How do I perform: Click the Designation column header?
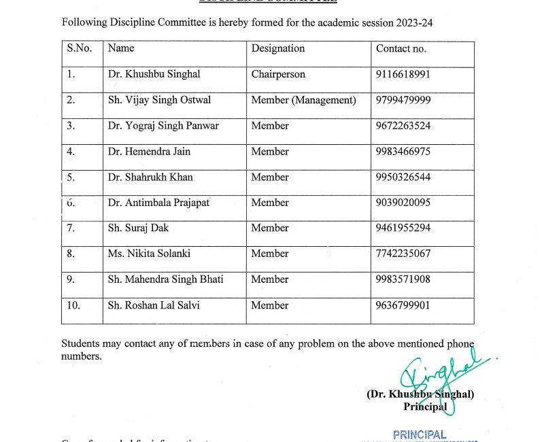point(278,48)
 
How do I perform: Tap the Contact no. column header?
point(401,48)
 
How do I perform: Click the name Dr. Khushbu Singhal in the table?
point(154,74)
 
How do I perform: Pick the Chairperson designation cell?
point(278,74)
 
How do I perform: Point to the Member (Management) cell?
point(303,100)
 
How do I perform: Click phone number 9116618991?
point(403,74)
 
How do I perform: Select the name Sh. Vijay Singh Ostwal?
point(159,100)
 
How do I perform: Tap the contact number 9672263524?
point(403,126)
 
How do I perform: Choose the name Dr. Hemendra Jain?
point(149,152)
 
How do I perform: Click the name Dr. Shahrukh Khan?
point(150,177)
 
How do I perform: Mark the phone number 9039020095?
point(403,203)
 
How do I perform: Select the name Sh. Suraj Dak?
point(138,228)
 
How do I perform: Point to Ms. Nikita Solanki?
point(149,254)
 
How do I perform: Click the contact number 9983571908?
point(403,279)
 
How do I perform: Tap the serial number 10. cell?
point(73,305)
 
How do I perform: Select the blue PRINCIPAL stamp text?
point(420,435)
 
